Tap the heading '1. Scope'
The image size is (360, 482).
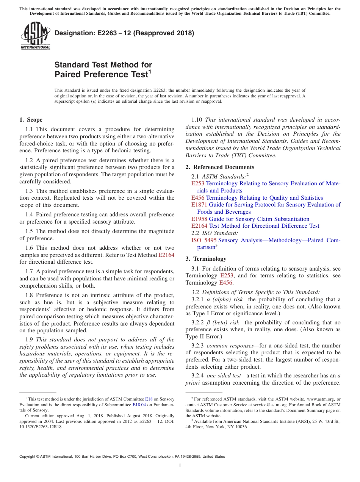click(x=31, y=120)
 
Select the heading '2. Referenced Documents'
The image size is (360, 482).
click(x=220, y=167)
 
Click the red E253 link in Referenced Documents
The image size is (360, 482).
click(x=198, y=183)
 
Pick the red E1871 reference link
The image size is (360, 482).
click(x=199, y=205)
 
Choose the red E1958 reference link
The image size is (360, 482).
click(x=199, y=219)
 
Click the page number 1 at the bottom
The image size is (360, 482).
click(x=180, y=465)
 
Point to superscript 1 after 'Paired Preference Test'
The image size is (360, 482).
click(x=150, y=71)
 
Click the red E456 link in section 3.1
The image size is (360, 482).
click(x=225, y=283)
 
